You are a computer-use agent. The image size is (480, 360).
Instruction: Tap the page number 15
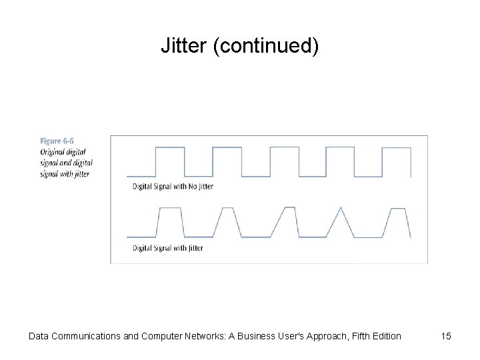[445, 336]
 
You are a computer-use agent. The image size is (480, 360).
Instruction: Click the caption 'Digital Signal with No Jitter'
[173, 187]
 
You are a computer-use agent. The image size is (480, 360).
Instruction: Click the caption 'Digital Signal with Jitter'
[168, 248]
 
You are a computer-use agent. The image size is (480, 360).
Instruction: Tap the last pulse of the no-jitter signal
[398, 161]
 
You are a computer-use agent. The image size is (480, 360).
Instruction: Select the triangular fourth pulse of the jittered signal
[340, 222]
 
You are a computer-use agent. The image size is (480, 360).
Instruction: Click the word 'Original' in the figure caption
[53, 151]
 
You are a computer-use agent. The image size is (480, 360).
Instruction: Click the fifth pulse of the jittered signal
[397, 222]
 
